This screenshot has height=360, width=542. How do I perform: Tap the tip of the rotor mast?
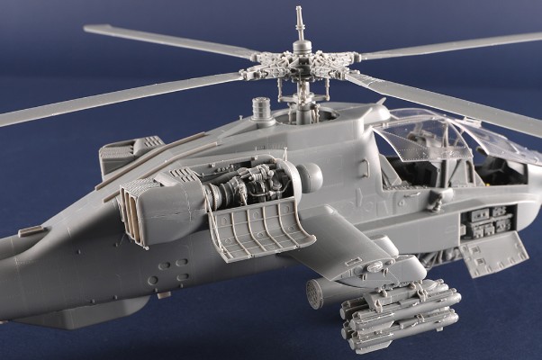[298, 12]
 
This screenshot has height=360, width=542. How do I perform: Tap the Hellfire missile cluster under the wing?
[401, 315]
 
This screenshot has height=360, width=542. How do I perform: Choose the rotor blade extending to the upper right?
[450, 45]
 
